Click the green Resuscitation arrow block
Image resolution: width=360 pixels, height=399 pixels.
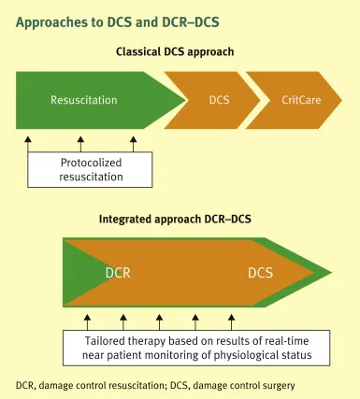(x=84, y=98)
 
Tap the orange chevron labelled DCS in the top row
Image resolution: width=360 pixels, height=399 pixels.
(x=219, y=98)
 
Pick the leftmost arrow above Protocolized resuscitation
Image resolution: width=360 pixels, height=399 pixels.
(x=28, y=142)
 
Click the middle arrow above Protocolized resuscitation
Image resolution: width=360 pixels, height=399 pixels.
(x=81, y=142)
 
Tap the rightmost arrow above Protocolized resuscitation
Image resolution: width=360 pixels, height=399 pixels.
(x=134, y=142)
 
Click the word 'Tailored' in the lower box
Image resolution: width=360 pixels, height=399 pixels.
(x=98, y=337)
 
